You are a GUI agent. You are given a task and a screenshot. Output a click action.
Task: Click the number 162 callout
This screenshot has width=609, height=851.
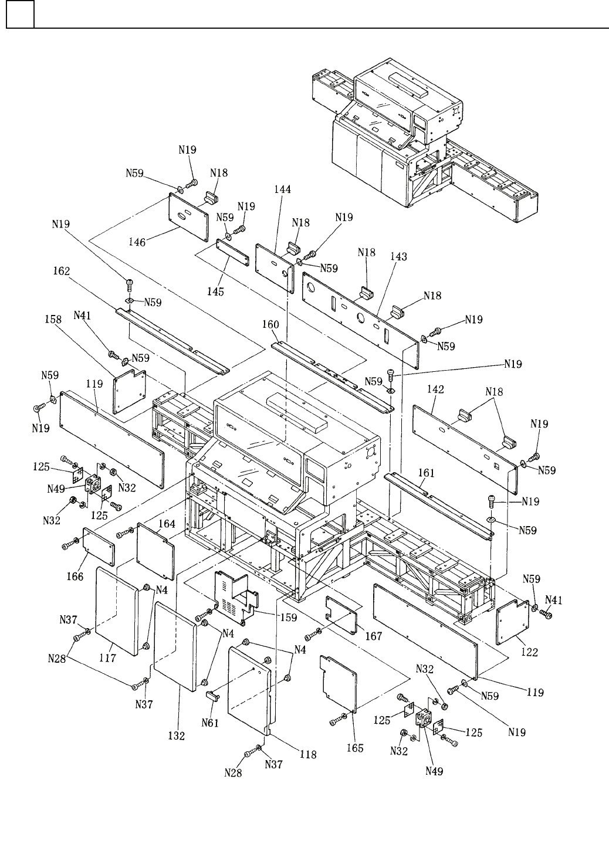61,272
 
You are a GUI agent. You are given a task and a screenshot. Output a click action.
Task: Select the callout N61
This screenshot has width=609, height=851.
210,723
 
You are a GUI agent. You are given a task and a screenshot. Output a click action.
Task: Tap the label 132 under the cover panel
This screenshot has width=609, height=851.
177,735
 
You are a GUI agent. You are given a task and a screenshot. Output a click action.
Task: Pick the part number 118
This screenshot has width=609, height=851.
307,754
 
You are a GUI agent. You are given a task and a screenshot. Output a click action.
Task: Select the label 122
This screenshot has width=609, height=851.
529,652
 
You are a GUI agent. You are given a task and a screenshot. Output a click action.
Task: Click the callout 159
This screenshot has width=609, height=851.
288,617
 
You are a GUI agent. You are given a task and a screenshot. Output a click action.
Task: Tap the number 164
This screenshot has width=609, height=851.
167,524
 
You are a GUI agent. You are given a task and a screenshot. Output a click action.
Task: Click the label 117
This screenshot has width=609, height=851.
107,658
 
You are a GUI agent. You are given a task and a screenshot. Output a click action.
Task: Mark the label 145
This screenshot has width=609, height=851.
215,291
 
